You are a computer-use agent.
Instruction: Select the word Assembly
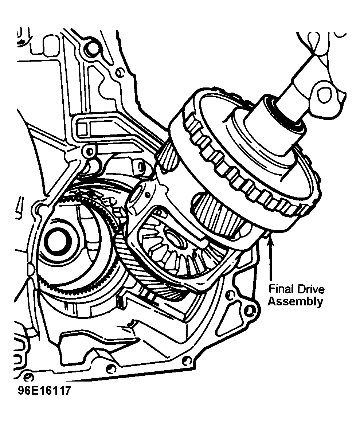tap(295, 301)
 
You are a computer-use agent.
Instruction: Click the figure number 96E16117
tap(44, 390)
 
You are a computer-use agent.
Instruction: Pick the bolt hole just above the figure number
tap(28, 376)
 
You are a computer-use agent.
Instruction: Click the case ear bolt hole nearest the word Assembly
tap(250, 311)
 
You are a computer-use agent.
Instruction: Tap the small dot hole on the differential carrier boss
tap(148, 194)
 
